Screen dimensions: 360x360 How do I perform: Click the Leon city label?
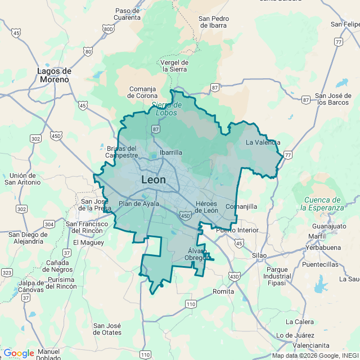[x=154, y=180]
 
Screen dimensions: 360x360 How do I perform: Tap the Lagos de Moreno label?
[x=54, y=75]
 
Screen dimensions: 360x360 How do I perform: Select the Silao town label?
[x=259, y=255]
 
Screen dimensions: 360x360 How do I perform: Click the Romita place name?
[x=223, y=291]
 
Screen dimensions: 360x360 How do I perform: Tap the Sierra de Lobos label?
[x=164, y=109]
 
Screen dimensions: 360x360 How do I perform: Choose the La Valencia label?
[x=263, y=142]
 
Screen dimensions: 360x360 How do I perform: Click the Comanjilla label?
[x=241, y=206]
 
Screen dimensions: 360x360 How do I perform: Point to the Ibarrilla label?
[x=170, y=152]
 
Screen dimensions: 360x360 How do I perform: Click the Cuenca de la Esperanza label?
[x=321, y=204]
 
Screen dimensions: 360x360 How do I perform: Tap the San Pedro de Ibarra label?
[x=213, y=21]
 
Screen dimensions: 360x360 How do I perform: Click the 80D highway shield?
[x=109, y=29]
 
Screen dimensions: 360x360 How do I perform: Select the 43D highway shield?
[x=234, y=276]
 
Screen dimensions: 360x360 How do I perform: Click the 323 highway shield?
[x=7, y=272]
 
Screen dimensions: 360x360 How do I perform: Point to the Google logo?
[x=18, y=353]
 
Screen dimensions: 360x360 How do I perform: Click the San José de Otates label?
[x=107, y=329]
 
